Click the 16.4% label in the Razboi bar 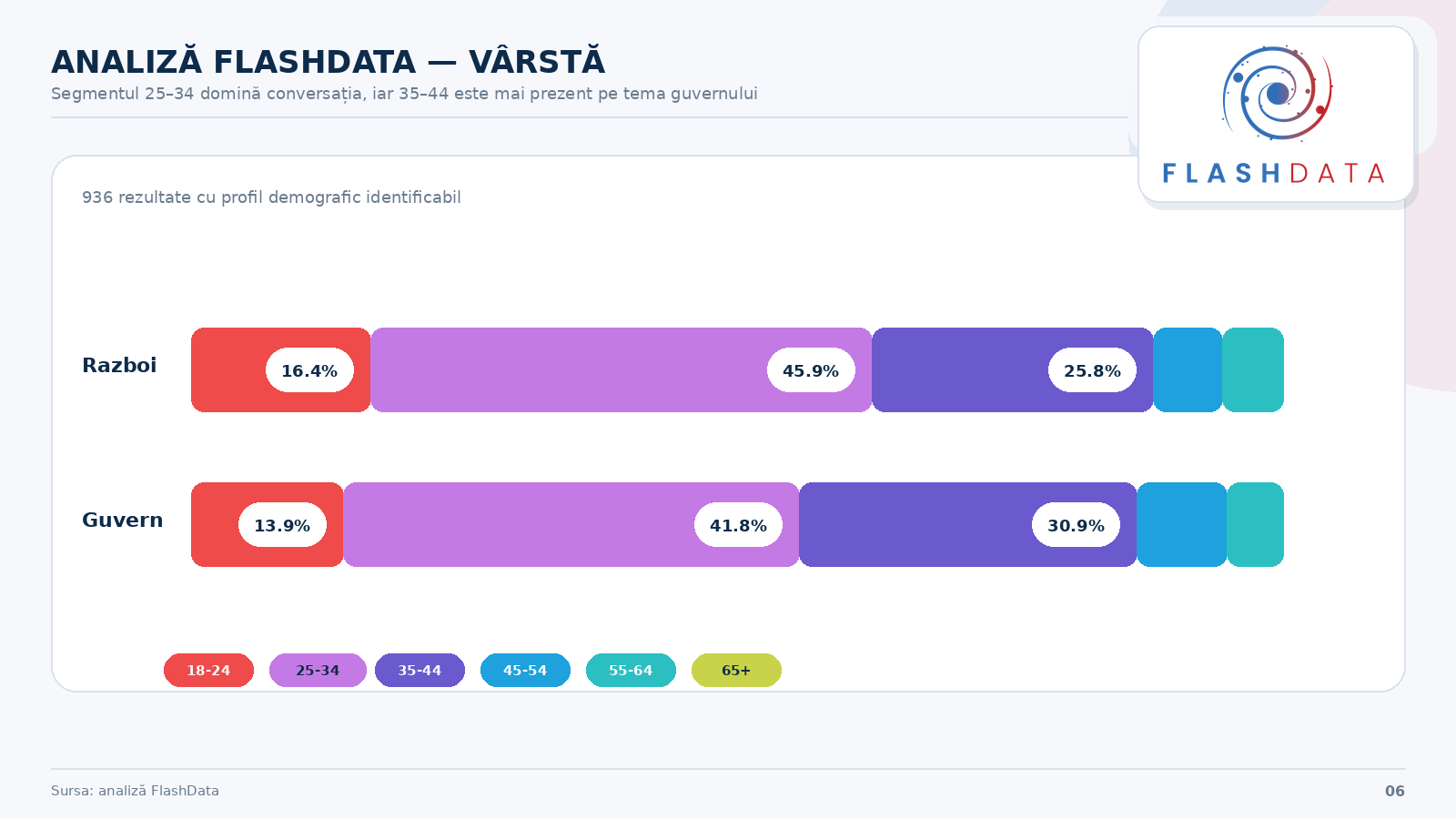309,370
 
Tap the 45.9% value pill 811,370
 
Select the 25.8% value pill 1092,370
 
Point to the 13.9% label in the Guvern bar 282,525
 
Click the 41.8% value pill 738,525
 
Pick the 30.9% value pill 1076,525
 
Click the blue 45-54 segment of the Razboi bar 1188,370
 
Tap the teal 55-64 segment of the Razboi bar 1253,370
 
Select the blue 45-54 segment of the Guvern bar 1182,525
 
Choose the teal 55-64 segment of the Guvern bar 1256,525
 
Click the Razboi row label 119,366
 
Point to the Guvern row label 123,521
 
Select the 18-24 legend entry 208,671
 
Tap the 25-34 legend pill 318,671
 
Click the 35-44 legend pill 420,671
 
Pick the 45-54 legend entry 525,671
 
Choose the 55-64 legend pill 631,671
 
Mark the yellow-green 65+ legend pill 736,671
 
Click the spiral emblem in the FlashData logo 1277,94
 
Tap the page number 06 1394,792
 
